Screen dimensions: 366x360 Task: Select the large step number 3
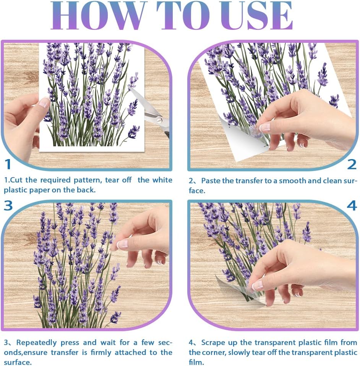[x=8, y=205]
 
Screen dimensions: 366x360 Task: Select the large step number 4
[x=352, y=205]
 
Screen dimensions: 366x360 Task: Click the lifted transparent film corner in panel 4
[x=233, y=289]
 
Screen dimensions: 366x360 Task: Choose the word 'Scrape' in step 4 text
[x=214, y=342]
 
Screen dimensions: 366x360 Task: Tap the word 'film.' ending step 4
[x=196, y=362]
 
